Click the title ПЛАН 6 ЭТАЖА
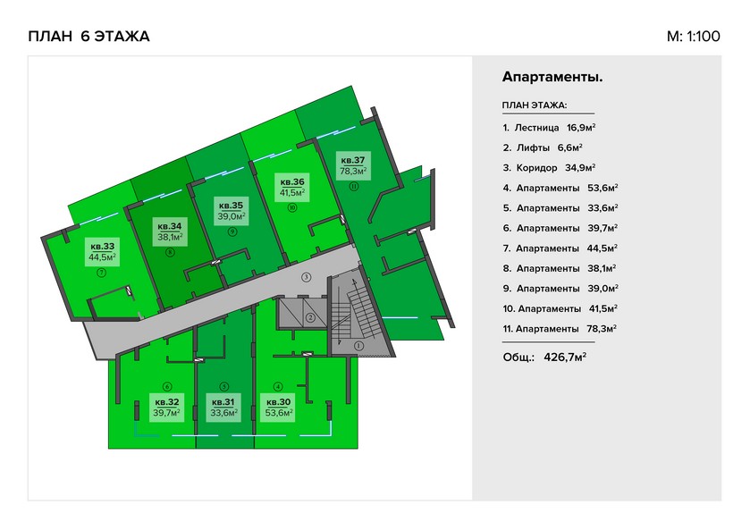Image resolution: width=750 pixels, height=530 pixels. (x=89, y=37)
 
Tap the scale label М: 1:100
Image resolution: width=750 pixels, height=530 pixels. (x=693, y=37)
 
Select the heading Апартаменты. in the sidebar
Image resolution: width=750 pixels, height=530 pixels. (x=552, y=77)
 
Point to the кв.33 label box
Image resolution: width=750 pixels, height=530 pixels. (x=103, y=252)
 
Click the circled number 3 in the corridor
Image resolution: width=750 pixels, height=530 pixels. (x=306, y=277)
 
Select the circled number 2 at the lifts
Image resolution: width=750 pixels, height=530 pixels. (x=310, y=317)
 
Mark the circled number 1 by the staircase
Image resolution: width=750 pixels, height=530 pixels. (x=358, y=345)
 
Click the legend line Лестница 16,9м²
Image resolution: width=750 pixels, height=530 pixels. (x=549, y=128)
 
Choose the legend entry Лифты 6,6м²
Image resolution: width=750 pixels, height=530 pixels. (x=543, y=147)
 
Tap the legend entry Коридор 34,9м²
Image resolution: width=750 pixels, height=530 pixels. (x=549, y=168)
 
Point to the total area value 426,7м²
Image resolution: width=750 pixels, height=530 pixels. (x=565, y=358)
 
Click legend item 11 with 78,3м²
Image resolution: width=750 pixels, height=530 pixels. (x=560, y=329)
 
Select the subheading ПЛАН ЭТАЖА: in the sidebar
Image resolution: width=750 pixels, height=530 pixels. (x=535, y=105)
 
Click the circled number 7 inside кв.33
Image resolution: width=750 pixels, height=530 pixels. (x=101, y=273)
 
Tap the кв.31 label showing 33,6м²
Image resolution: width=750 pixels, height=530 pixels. (x=223, y=408)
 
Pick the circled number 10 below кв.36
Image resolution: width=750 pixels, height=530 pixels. (x=292, y=207)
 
